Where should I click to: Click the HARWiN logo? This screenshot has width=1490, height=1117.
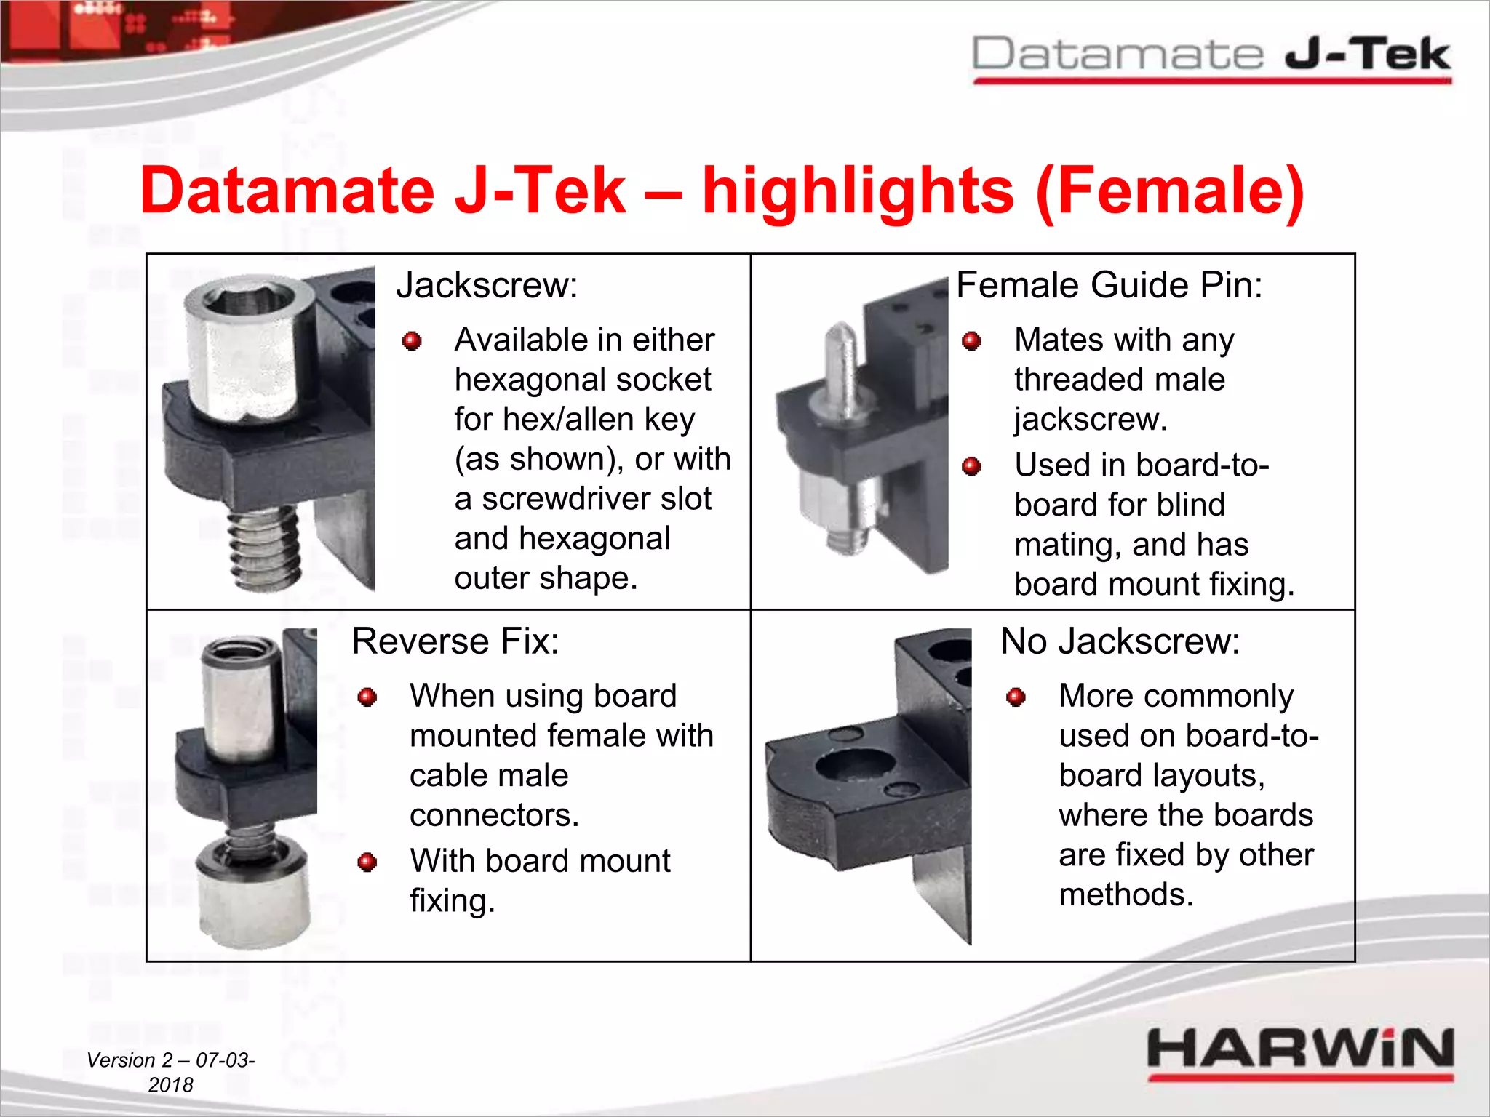[1300, 1052]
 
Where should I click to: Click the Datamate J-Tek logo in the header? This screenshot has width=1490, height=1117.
[1211, 57]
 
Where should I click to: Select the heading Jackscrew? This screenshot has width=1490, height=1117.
[487, 285]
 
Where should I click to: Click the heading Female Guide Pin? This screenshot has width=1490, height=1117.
[1109, 285]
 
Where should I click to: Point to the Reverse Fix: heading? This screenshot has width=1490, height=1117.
[455, 641]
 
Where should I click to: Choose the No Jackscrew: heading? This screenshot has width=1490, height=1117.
[1120, 641]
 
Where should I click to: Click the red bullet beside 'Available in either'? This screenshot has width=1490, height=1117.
[412, 341]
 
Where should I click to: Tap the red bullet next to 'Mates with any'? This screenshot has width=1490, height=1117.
[971, 341]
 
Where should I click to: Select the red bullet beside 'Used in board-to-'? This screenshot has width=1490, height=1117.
[971, 466]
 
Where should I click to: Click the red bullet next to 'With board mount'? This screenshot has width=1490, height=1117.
[367, 862]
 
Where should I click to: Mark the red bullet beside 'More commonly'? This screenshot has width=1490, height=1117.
[1016, 697]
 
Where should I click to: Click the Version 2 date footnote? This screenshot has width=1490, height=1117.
[170, 1072]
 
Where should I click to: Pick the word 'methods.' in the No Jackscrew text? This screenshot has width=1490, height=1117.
[1126, 894]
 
